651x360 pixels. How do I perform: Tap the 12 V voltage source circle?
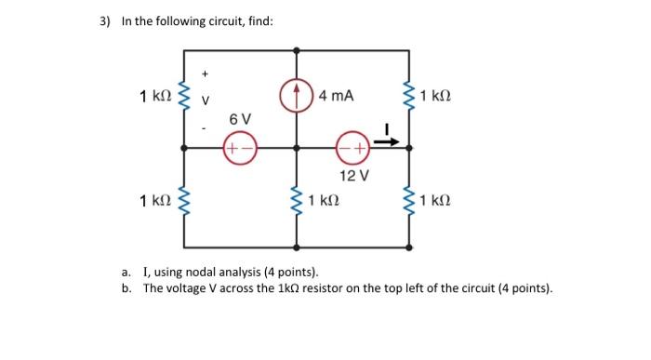(354, 146)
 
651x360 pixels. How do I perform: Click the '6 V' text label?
(240, 119)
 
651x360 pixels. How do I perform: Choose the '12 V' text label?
(354, 175)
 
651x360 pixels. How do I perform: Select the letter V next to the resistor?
(207, 98)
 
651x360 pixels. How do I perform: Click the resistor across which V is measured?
(184, 96)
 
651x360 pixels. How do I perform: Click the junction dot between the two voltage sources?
(297, 146)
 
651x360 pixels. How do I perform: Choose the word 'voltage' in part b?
(187, 288)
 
